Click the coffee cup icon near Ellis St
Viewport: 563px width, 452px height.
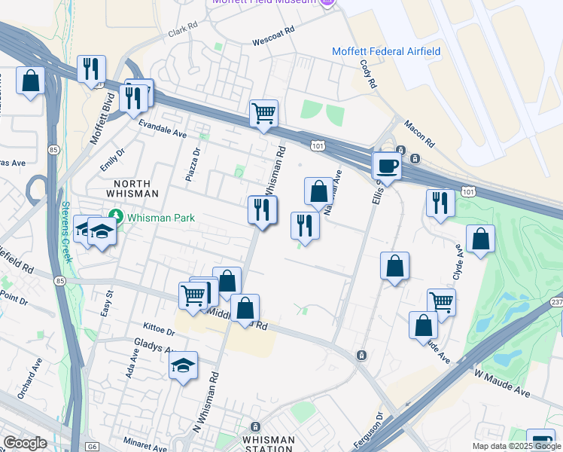coord(388,166)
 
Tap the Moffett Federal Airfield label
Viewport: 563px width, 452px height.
coord(386,51)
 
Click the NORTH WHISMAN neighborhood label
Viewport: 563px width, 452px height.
coord(132,188)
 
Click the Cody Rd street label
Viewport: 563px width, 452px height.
coord(368,75)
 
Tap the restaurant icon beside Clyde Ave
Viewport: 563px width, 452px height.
coord(440,203)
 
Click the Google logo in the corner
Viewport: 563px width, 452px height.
coord(25,443)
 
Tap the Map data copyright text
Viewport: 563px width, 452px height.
coord(516,446)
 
